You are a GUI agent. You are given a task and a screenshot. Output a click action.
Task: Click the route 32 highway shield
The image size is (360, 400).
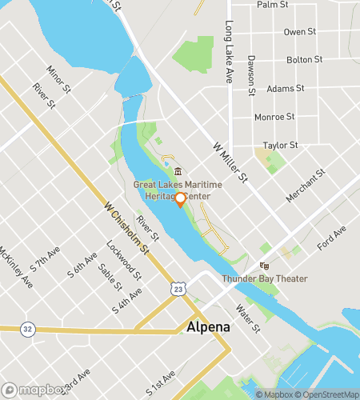(27, 328)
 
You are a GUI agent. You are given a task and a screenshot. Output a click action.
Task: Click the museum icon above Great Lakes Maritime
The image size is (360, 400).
(178, 172)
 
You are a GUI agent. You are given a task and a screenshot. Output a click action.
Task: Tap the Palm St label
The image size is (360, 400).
(272, 5)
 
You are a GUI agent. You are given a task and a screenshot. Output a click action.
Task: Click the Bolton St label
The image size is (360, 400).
(304, 60)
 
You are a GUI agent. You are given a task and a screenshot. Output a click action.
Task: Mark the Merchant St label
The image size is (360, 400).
(305, 186)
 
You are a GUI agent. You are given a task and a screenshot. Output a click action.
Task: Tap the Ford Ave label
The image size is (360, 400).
(331, 238)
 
